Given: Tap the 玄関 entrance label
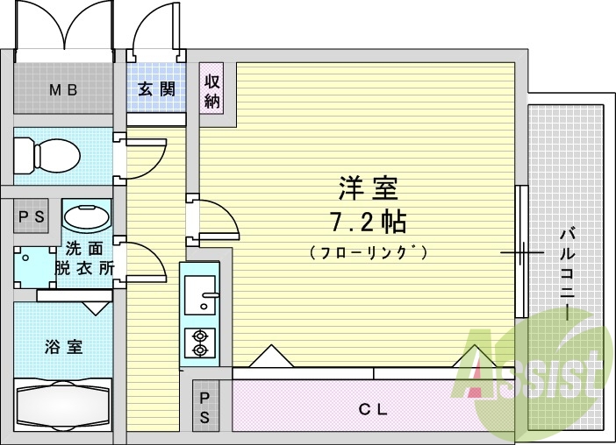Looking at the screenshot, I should pos(157,88).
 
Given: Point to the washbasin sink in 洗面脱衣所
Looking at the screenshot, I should pos(87,216).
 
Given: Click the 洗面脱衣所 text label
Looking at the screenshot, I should pos(85,258).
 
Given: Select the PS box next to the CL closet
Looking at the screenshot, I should pos(204,406).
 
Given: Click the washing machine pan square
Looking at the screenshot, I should pos(32,265).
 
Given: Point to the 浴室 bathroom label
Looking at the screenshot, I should pos(62,346).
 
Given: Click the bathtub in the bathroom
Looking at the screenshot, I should pos(64,405).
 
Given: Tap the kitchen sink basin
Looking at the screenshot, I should pos(200,289).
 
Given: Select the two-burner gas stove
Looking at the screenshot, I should pos(200,343).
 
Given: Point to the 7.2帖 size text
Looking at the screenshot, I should pos(369,222).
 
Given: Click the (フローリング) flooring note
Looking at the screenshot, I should pos(369,252).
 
